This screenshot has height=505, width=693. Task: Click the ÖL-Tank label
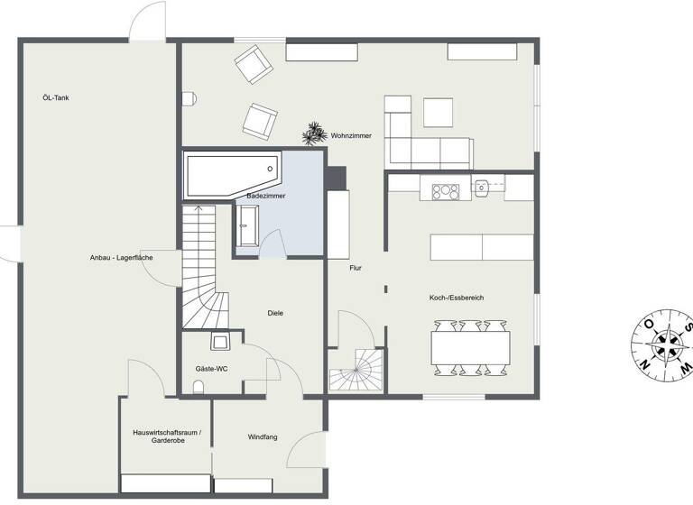pyautogui.click(x=56, y=97)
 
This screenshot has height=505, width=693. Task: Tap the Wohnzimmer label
pyautogui.click(x=351, y=136)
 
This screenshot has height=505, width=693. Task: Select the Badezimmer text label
pyautogui.click(x=266, y=196)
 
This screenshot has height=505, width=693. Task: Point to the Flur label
pyautogui.click(x=356, y=268)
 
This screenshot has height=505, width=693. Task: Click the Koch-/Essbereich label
pyautogui.click(x=457, y=298)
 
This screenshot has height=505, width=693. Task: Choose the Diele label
pyautogui.click(x=275, y=313)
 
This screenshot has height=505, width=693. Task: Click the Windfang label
pyautogui.click(x=263, y=437)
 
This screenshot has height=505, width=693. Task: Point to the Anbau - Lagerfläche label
pyautogui.click(x=121, y=258)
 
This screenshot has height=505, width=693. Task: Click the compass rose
pyautogui.click(x=664, y=344)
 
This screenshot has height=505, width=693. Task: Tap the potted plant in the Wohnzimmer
pyautogui.click(x=314, y=134)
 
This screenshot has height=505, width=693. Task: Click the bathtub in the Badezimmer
pyautogui.click(x=229, y=174)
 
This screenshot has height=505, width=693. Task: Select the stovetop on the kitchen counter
pyautogui.click(x=447, y=190)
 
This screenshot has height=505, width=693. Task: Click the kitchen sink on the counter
pyautogui.click(x=483, y=188)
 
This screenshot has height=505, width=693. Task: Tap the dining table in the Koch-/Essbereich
pyautogui.click(x=471, y=346)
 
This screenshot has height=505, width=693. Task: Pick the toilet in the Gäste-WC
pyautogui.click(x=199, y=387)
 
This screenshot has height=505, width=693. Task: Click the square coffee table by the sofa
pyautogui.click(x=439, y=112)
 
